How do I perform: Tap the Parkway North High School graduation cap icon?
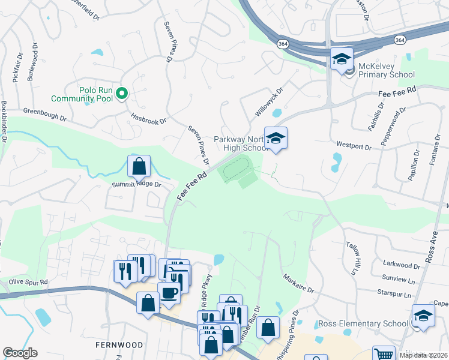point(276,139)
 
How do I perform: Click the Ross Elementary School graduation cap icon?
point(423,316)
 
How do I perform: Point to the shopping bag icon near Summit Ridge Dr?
point(139,166)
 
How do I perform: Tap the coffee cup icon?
point(169,293)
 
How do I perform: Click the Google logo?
point(20,353)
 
